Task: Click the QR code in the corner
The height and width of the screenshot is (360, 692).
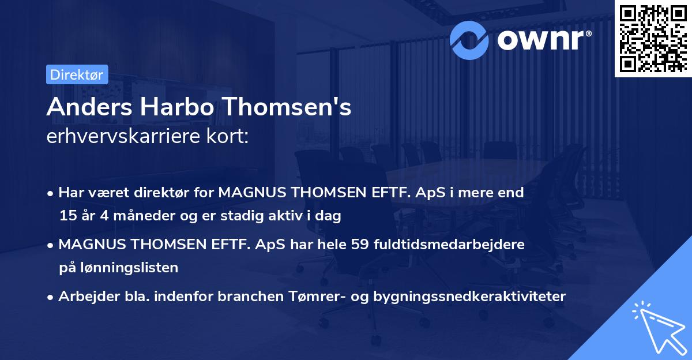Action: click(x=653, y=39)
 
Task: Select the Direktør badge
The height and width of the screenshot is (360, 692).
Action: click(x=77, y=74)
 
